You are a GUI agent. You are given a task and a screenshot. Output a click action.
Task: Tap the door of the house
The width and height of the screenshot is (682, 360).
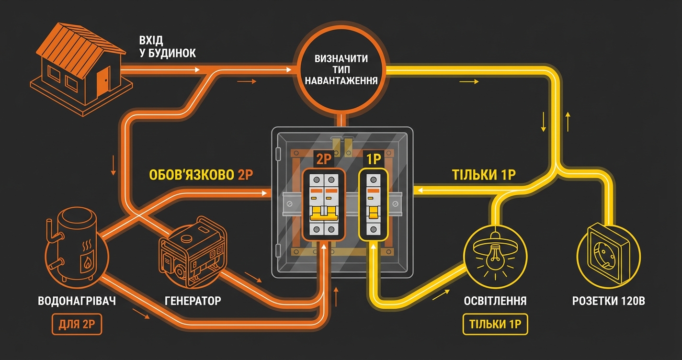click(x=103, y=81)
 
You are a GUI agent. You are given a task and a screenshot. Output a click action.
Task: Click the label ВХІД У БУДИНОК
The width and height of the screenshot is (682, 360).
click(x=168, y=46)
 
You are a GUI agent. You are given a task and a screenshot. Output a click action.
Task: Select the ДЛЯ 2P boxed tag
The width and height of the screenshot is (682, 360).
click(x=77, y=325)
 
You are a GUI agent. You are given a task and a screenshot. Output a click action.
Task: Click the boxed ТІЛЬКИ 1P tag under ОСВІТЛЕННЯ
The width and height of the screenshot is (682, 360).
click(x=495, y=325)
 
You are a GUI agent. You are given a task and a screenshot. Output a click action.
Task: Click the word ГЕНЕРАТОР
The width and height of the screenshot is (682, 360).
click(x=193, y=301)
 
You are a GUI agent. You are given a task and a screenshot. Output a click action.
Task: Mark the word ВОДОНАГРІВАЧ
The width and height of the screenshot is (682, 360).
click(x=77, y=301)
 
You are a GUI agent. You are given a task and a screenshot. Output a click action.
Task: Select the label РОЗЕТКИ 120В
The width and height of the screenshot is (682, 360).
click(x=609, y=301)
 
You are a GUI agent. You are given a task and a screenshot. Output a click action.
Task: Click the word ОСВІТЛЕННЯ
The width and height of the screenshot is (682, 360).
click(x=495, y=301)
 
